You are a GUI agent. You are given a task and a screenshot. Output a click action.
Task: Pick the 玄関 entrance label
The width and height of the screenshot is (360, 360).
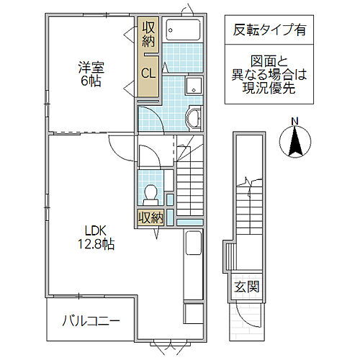coord(243,287)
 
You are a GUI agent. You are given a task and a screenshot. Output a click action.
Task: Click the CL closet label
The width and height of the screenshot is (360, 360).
coord(148,72)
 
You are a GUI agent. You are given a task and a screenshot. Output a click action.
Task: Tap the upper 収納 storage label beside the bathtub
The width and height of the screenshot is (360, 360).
coord(148,35)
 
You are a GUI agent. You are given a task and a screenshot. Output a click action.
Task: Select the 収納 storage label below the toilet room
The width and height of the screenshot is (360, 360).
coord(151,217)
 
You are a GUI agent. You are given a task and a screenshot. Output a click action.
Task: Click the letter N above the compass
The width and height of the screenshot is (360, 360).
coord(294,120)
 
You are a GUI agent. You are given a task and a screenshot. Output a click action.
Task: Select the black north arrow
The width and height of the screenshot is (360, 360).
coord(294,141)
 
